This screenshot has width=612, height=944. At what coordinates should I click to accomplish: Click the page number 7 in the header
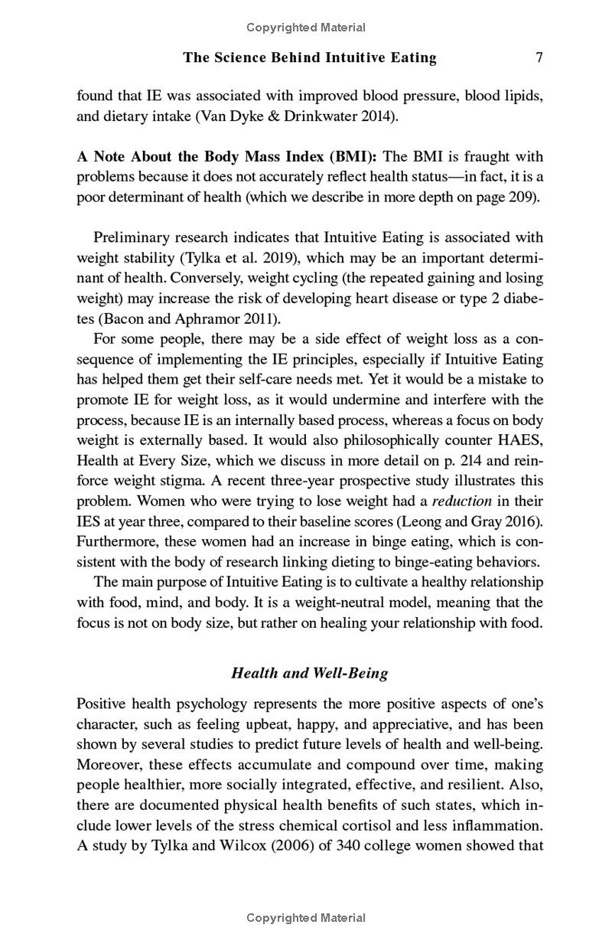[539, 57]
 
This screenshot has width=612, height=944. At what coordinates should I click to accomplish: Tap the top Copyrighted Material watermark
[306, 28]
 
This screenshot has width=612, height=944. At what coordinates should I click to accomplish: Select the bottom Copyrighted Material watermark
[306, 917]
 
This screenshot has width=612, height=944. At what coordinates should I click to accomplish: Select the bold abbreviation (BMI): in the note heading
[353, 157]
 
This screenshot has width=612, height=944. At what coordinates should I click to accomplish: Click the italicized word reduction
[461, 501]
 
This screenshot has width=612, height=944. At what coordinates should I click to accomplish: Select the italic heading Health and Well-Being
[310, 673]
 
